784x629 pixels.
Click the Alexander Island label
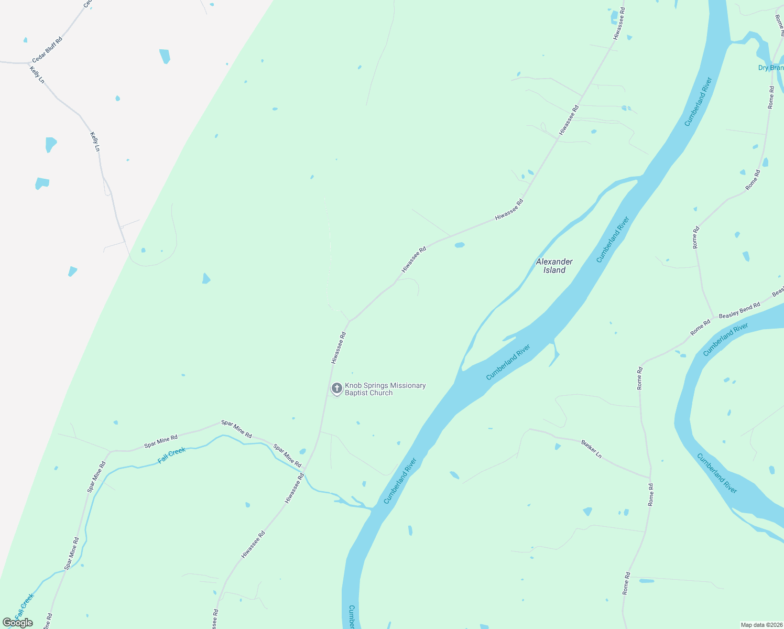point(554,266)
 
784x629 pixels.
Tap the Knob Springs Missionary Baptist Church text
point(385,389)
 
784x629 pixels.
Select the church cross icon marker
point(337,388)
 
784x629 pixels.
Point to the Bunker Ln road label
point(591,449)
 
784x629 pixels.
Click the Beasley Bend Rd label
point(739,310)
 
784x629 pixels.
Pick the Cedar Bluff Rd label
point(47,50)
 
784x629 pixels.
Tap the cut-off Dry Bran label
point(771,68)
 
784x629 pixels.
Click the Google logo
point(17,623)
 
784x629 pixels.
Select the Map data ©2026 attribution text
point(761,625)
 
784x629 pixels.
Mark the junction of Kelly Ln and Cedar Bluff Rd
point(29,63)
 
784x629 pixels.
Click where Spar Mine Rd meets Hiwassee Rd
point(306,469)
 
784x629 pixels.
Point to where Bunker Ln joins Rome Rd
point(650,478)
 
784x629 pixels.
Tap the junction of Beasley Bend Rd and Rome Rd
point(713,318)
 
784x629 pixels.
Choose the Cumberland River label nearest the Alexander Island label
point(613,240)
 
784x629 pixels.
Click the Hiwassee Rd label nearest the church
point(339,348)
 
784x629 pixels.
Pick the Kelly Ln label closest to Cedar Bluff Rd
point(37,74)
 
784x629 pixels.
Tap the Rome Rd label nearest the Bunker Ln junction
point(651,494)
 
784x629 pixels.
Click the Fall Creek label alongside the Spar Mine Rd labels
point(172,456)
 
